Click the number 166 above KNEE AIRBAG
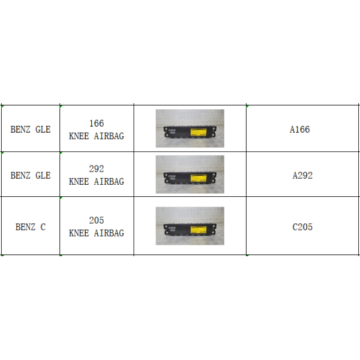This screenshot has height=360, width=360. (97, 123)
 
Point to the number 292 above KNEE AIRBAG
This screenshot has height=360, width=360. (97, 169)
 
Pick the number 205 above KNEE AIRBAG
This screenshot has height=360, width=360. (97, 220)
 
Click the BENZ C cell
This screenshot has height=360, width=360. (31, 227)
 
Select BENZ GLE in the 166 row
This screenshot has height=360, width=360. (31, 129)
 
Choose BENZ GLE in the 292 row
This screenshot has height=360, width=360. (31, 175)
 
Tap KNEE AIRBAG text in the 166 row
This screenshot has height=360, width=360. (97, 136)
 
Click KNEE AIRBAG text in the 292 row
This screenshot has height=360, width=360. (97, 182)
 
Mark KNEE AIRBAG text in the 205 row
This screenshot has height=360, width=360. (97, 233)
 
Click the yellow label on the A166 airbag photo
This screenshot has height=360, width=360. (199, 132)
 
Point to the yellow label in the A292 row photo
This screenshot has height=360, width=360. (199, 178)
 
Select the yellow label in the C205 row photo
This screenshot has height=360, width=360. (199, 230)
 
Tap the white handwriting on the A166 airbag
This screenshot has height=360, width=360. (172, 131)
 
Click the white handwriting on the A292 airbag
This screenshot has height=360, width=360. (172, 177)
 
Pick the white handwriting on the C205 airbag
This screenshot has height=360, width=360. (172, 229)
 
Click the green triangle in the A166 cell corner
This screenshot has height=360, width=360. (247, 107)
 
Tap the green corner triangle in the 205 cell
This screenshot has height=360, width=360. (61, 198)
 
